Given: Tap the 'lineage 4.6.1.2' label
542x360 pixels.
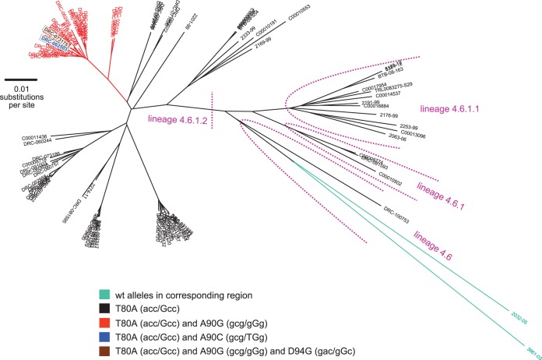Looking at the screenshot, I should click(x=178, y=119).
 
